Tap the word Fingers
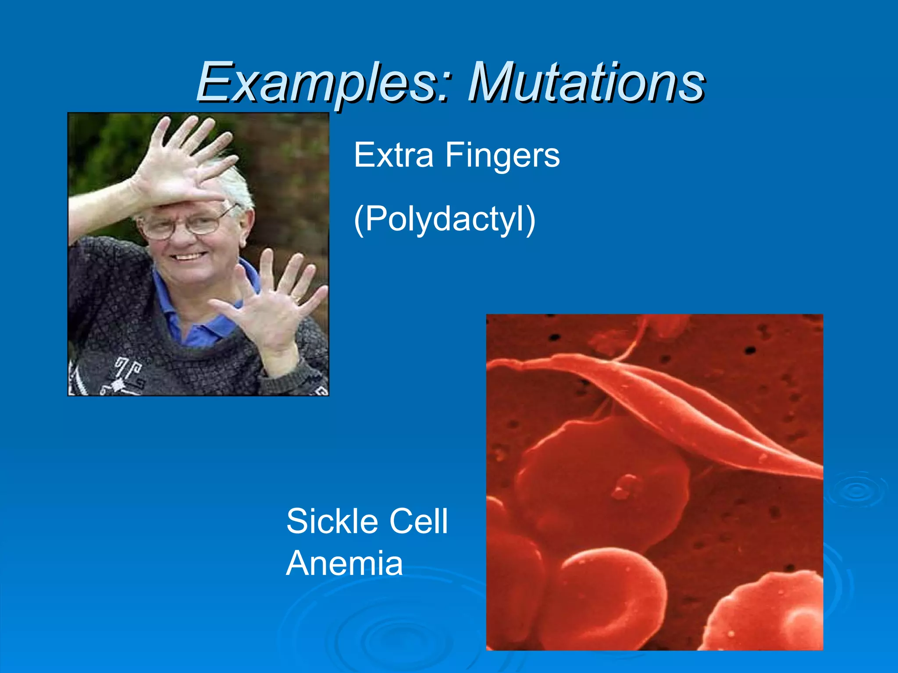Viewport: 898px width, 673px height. tap(502, 155)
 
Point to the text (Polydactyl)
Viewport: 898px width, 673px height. tap(444, 219)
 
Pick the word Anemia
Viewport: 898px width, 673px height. tap(345, 563)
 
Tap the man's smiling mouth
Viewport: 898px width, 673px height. tap(189, 256)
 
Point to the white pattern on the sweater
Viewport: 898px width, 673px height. tap(123, 377)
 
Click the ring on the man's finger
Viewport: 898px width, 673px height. tap(297, 299)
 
